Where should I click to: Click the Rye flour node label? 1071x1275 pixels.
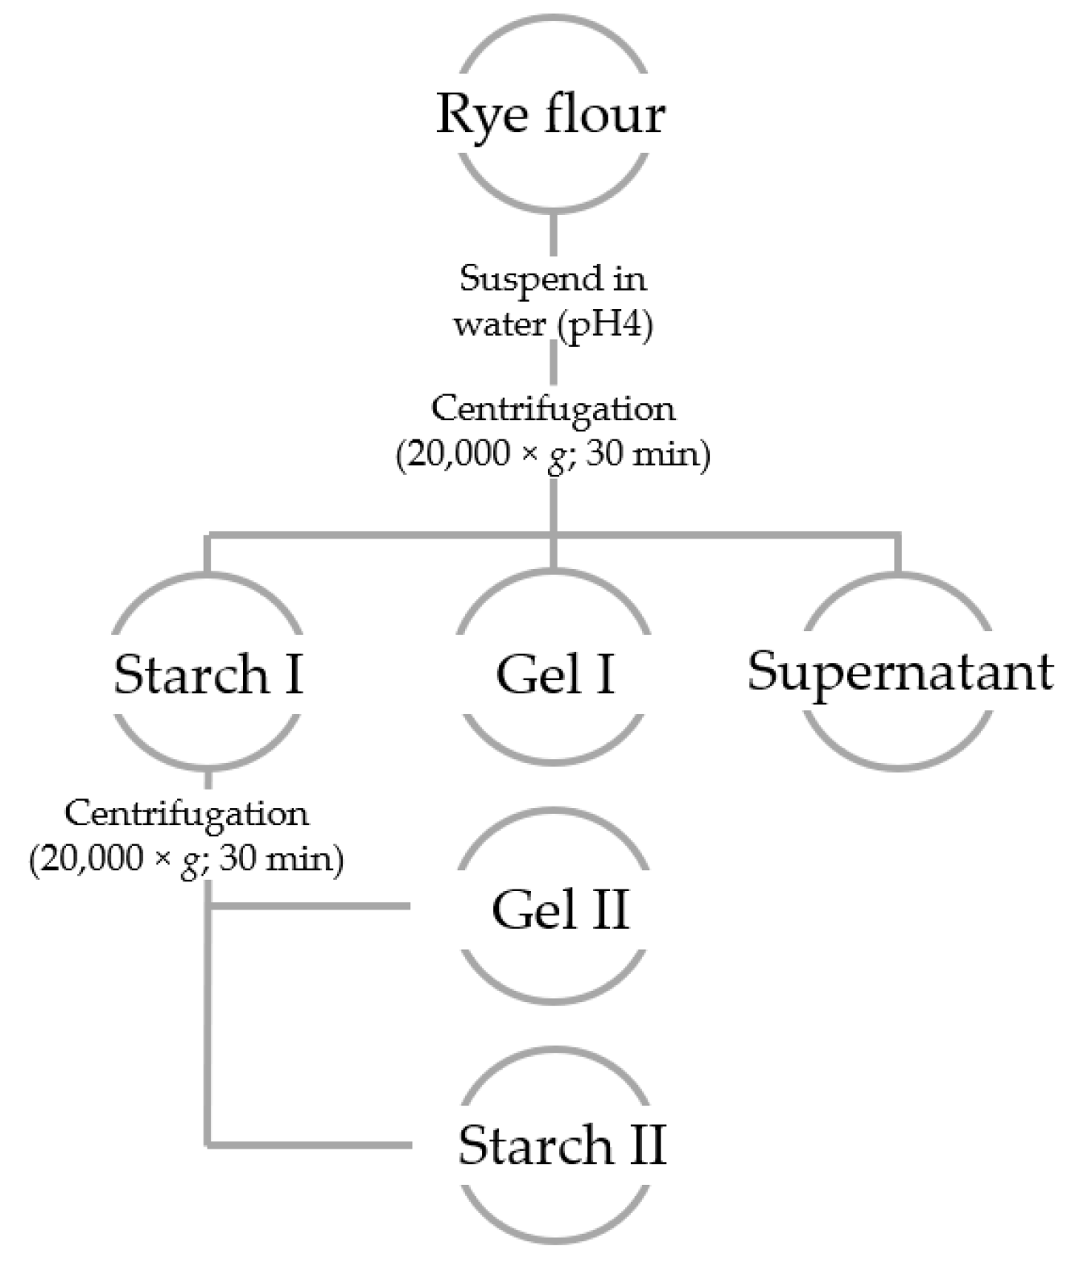[551, 114]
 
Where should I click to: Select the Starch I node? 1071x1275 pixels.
[208, 675]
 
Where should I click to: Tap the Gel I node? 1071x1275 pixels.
[554, 675]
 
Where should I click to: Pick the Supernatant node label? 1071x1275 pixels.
[900, 671]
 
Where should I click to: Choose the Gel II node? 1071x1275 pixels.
[559, 910]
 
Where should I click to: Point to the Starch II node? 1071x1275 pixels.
[562, 1145]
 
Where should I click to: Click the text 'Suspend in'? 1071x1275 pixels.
[553, 279]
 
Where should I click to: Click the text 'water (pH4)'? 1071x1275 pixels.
[553, 324]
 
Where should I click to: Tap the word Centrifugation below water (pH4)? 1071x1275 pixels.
[553, 409]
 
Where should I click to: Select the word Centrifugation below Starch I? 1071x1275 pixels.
[187, 814]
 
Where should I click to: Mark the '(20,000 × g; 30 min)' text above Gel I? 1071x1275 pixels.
[553, 456]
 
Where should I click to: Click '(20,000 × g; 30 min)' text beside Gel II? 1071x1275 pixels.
[187, 860]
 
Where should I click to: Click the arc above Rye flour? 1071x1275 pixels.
[553, 33]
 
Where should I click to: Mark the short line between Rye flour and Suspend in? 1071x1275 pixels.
[553, 233]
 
